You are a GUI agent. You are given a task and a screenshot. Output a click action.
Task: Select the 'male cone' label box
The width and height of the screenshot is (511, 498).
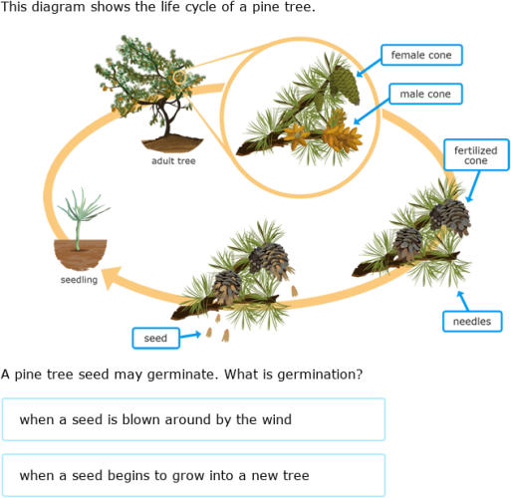tap(426, 95)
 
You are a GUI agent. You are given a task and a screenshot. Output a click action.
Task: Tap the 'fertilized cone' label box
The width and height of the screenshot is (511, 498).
tap(475, 154)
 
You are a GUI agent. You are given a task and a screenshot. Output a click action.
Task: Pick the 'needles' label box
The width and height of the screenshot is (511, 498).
tap(471, 321)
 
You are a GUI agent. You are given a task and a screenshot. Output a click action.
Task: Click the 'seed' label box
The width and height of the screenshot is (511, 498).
tap(155, 339)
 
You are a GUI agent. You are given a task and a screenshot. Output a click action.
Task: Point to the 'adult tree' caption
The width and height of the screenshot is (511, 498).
tap(173, 160)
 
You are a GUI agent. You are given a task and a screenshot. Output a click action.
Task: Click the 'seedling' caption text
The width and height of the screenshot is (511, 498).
tap(79, 281)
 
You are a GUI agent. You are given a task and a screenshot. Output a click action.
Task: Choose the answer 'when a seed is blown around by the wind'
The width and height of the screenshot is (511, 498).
tap(193, 419)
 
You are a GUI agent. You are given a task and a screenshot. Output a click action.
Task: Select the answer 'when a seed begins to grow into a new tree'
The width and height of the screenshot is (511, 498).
tap(193, 475)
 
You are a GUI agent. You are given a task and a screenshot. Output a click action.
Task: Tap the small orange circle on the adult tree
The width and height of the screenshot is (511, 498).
tap(179, 76)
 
